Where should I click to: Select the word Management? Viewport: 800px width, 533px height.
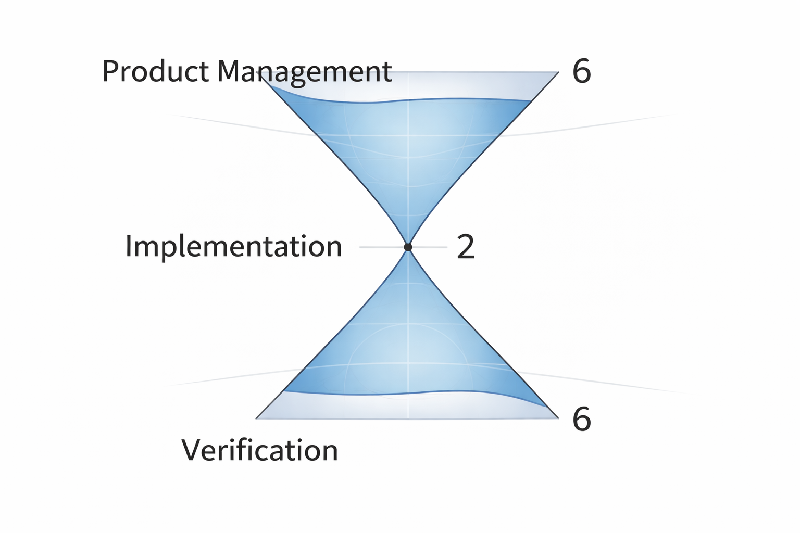click(x=304, y=72)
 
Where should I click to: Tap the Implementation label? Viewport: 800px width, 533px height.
click(x=233, y=246)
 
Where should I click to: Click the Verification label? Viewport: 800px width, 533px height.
click(x=259, y=450)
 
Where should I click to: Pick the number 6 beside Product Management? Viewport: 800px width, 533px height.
click(x=581, y=71)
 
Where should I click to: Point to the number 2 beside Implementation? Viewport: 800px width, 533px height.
click(x=466, y=247)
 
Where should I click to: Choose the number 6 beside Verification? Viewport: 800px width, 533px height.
click(x=581, y=418)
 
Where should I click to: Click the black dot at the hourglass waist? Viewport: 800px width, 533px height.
click(x=408, y=247)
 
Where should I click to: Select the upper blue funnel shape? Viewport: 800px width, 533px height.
click(x=408, y=151)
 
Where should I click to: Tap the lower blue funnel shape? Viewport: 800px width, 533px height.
click(x=408, y=344)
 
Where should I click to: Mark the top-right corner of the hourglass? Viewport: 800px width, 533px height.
click(x=558, y=72)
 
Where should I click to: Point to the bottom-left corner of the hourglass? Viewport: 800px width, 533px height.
click(x=257, y=418)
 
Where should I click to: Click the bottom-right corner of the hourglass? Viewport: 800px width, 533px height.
click(x=558, y=418)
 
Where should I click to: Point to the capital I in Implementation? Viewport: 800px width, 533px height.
click(x=129, y=246)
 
